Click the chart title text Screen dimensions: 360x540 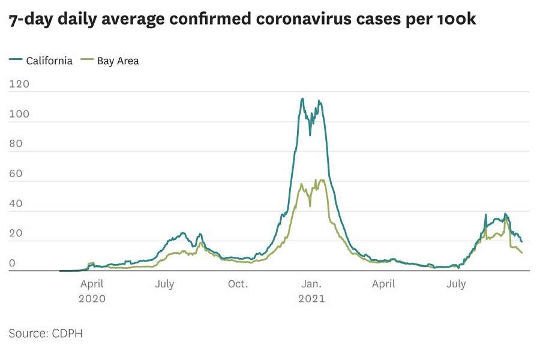tap(242, 20)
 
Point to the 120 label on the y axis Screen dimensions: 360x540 tap(19, 85)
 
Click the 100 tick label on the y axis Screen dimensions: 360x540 tap(19, 114)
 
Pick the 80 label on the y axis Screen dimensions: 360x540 tap(17, 144)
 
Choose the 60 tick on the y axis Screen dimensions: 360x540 tap(17, 174)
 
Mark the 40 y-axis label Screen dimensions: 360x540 tap(17, 204)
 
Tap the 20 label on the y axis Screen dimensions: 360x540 tap(17, 234)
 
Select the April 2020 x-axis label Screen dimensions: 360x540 tap(92, 291)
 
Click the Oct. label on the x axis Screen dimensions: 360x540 tap(238, 284)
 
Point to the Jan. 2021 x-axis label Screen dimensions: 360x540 tap(311, 291)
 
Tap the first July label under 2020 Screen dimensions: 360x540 tap(164, 284)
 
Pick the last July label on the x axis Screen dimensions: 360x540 tap(456, 284)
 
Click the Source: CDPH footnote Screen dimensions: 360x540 tap(46, 334)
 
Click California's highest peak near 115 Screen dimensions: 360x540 tap(302, 99)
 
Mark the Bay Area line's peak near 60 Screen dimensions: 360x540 tap(322, 179)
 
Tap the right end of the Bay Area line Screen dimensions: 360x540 tap(521, 253)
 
